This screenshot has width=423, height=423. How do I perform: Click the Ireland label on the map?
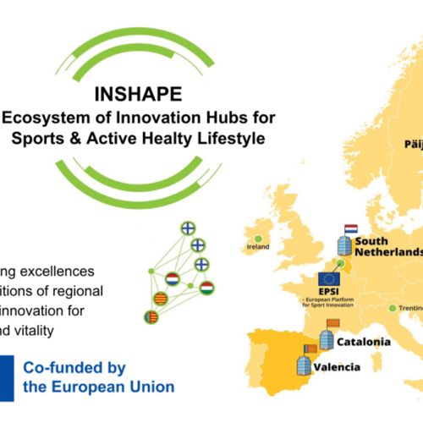(258, 248)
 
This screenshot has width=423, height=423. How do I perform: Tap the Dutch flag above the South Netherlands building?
(350, 229)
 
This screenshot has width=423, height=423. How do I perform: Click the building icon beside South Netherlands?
(343, 247)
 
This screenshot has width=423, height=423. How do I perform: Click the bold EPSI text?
(328, 294)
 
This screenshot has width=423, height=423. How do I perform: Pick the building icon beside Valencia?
(305, 366)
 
